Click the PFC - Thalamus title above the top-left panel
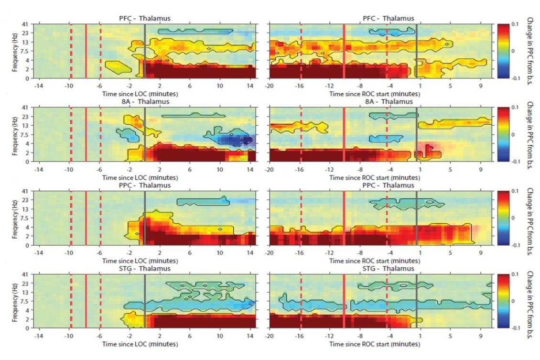[x=144, y=19]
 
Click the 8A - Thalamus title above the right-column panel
[x=388, y=102]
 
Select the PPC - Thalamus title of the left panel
[x=144, y=185]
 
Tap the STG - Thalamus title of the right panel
[x=388, y=269]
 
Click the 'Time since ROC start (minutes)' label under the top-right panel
[x=374, y=95]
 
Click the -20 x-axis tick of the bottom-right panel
[x=270, y=336]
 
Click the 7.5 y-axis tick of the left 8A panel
[x=28, y=134]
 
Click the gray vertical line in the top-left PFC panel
[x=144, y=50]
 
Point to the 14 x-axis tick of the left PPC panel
[x=250, y=252]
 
